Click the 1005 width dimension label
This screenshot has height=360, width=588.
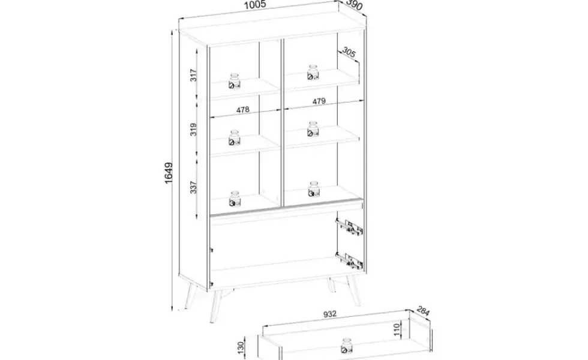click(255, 5)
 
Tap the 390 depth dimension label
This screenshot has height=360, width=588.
click(355, 5)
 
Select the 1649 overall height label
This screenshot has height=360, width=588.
click(169, 173)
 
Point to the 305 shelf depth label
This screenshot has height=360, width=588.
click(349, 53)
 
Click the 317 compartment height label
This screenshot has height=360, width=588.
click(193, 76)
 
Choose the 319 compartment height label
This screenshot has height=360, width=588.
click(193, 130)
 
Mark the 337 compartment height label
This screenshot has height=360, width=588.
click(193, 187)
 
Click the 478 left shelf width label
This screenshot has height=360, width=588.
click(243, 110)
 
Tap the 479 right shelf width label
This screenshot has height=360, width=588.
click(319, 101)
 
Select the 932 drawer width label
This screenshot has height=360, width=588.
click(330, 314)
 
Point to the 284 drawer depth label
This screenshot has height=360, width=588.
click(423, 311)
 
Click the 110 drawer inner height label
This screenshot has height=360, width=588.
click(397, 329)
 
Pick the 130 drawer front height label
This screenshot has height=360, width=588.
click(241, 347)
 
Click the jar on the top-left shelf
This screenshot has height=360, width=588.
click(235, 81)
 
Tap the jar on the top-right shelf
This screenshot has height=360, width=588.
click(313, 73)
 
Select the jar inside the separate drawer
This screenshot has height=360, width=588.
click(347, 346)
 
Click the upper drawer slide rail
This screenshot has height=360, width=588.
click(349, 227)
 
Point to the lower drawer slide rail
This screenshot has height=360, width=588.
click(349, 260)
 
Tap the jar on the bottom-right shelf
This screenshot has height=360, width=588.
click(314, 189)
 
